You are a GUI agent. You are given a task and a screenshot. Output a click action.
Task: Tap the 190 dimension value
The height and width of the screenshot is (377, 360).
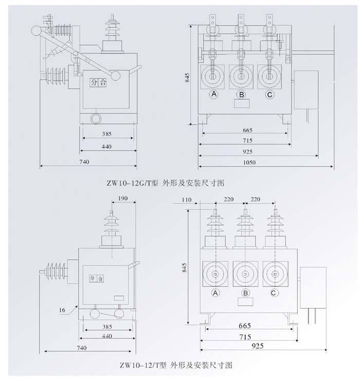pyautogui.click(x=123, y=198)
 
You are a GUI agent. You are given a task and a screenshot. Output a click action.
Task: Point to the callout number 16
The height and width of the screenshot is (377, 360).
pyautogui.click(x=62, y=310)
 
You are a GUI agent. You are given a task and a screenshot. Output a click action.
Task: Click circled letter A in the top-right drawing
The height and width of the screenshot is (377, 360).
pyautogui.click(x=213, y=95)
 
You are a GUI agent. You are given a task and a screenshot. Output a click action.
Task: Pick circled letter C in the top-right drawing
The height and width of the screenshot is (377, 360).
pyautogui.click(x=269, y=95)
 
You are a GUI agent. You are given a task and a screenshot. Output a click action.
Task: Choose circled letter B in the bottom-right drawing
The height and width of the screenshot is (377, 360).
pyautogui.click(x=246, y=293)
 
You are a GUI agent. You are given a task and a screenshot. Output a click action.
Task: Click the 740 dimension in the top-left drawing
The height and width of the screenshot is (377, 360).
pyautogui.click(x=84, y=162)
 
